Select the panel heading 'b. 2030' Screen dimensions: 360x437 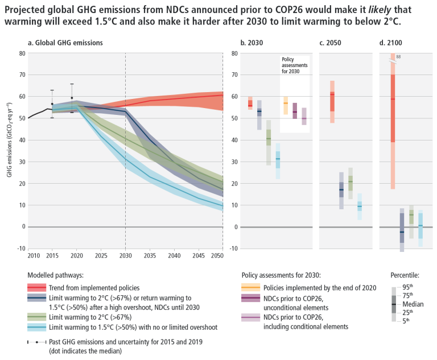pyautogui.click(x=252, y=43)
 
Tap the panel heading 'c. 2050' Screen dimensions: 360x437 pyautogui.click(x=331, y=43)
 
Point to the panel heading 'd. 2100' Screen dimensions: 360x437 pyautogui.click(x=391, y=43)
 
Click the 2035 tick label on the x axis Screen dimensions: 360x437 pyautogui.click(x=150, y=257)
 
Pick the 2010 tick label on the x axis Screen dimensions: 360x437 pyautogui.click(x=34, y=257)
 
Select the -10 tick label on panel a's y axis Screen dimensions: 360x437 pyautogui.click(x=21, y=249)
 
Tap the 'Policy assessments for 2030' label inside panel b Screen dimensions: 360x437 pyautogui.click(x=294, y=65)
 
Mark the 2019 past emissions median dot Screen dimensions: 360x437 pyautogui.click(x=72, y=98)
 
